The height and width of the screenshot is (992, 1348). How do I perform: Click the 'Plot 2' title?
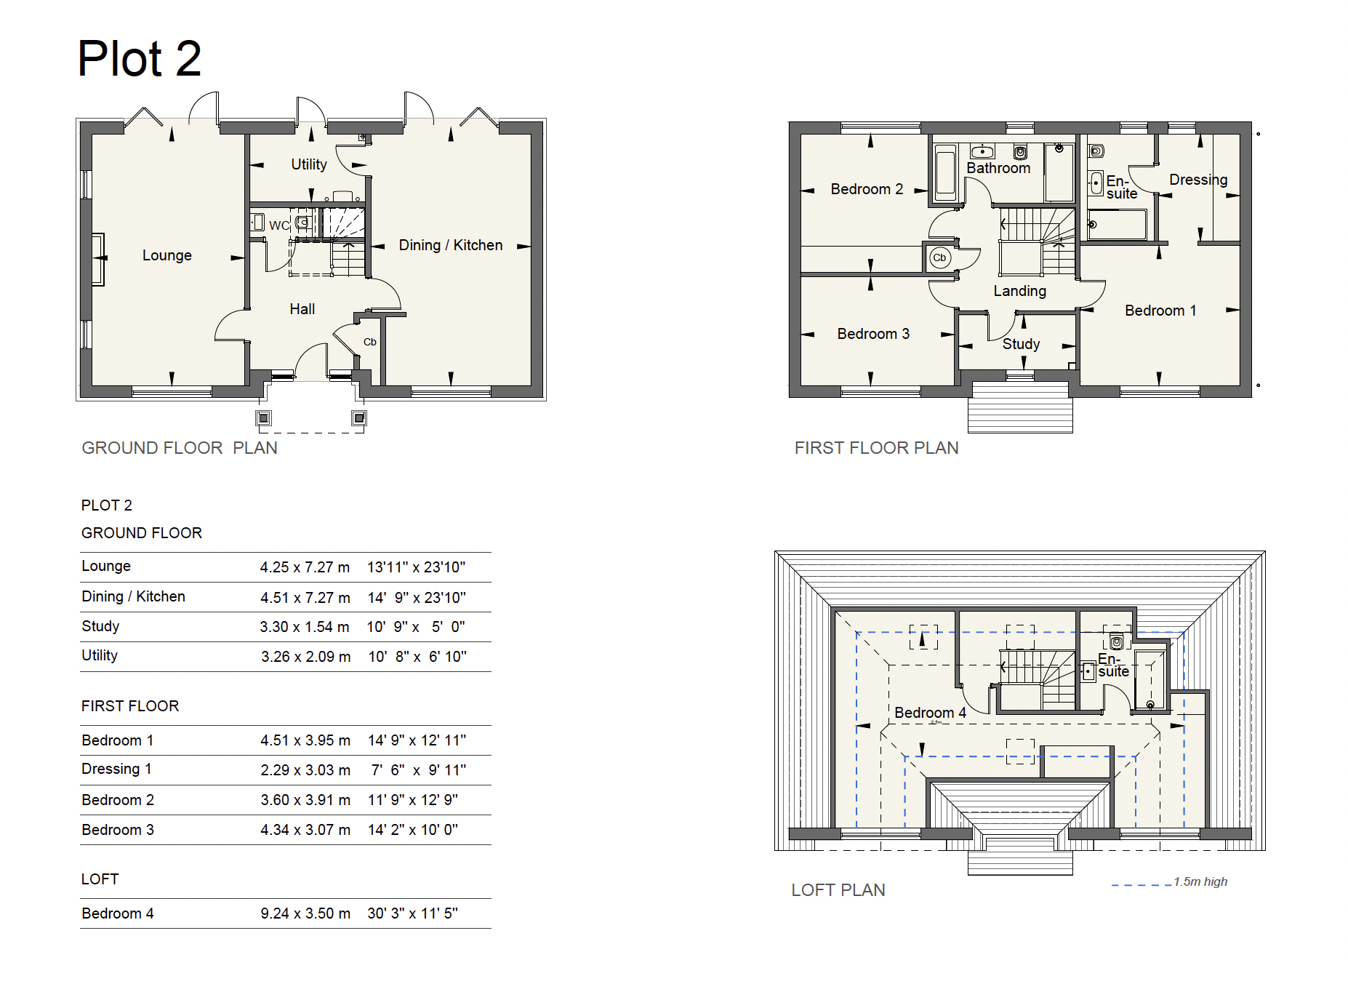[x=139, y=58]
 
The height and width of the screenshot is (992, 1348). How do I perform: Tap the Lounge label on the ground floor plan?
[x=167, y=255]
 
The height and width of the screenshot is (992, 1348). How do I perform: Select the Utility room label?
[x=309, y=164]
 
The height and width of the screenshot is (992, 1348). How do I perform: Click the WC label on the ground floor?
[x=279, y=225]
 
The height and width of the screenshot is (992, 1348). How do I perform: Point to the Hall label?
[x=302, y=309]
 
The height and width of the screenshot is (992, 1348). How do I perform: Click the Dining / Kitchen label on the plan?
[x=451, y=245]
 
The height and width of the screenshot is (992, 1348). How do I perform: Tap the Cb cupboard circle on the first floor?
[x=939, y=257]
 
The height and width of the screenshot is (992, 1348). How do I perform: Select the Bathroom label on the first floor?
[x=998, y=168]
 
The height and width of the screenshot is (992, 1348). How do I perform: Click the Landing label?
[x=1020, y=291]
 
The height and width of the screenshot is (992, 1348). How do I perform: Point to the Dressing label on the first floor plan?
[x=1198, y=180]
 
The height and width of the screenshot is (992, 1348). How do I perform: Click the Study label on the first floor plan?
[x=1021, y=344]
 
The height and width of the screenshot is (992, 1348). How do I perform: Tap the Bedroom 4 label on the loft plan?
[x=930, y=713]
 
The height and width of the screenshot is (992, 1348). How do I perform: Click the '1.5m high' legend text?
[x=1200, y=881]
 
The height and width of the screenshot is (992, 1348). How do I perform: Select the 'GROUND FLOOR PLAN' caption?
[x=180, y=448]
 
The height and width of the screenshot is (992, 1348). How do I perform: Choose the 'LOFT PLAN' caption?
[x=838, y=890]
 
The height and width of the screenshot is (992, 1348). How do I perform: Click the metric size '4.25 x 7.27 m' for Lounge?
[x=305, y=567]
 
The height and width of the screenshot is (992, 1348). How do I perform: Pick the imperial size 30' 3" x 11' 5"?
[x=412, y=913]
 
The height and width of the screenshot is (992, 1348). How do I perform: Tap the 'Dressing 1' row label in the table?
[x=116, y=769]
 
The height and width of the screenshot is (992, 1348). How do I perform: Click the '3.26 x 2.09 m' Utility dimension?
[x=305, y=657]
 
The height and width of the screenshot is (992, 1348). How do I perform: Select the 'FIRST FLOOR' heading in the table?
[x=130, y=706]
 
